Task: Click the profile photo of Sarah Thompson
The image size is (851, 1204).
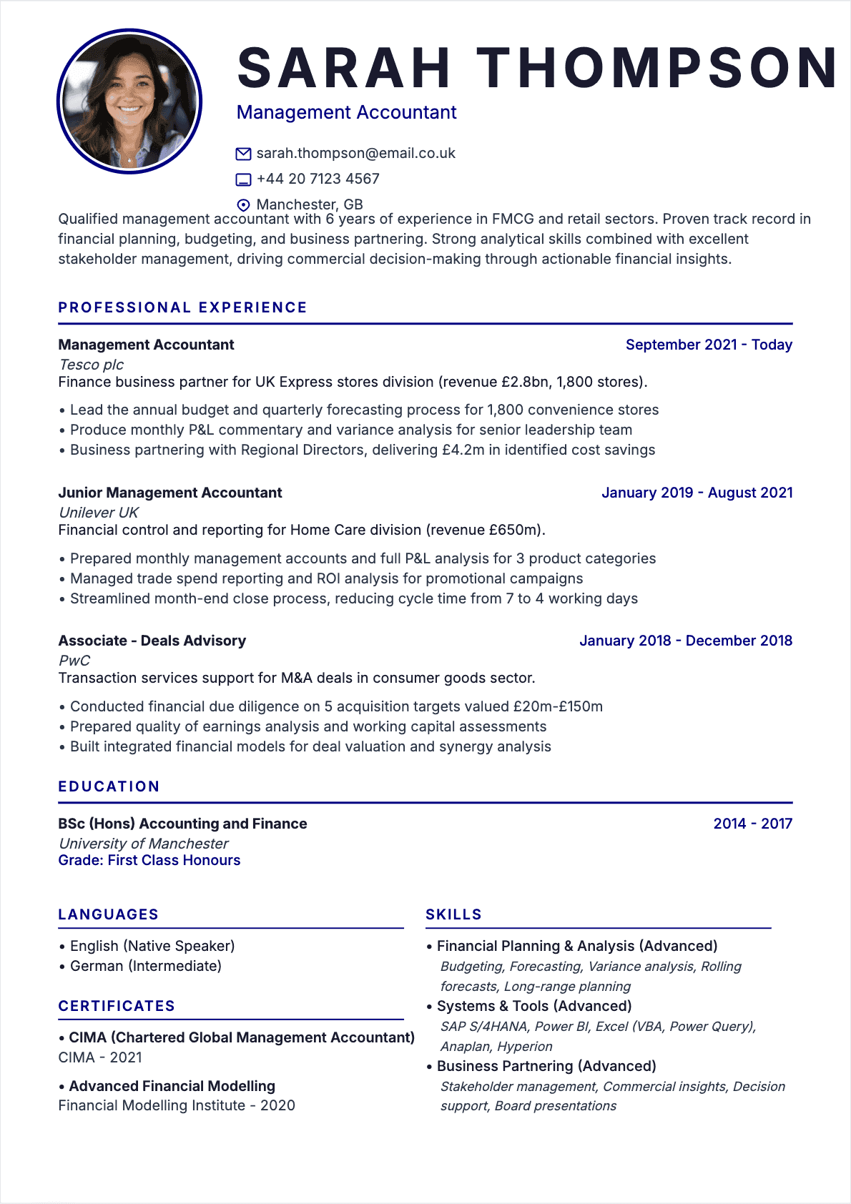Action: point(129,102)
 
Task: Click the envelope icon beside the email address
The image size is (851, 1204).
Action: point(243,154)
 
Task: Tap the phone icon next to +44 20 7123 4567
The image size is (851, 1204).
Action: point(243,179)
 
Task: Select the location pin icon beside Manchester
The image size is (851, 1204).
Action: point(243,205)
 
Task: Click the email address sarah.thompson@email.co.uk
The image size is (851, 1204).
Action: point(355,154)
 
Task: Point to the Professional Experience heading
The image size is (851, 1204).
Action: point(182,307)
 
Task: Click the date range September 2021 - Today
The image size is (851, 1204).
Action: point(709,345)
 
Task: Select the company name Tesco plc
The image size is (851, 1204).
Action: point(92,365)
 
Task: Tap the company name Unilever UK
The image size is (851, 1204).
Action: point(99,513)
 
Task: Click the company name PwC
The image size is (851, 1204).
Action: point(74,661)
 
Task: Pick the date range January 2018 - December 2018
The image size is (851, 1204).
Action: point(685,641)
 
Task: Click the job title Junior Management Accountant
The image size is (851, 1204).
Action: point(170,493)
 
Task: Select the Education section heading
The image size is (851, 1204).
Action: point(109,786)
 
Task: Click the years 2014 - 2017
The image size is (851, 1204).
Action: point(752,824)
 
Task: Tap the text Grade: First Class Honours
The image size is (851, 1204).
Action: point(149,860)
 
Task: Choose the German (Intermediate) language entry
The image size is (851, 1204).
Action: point(146,966)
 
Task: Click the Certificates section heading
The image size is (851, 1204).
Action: point(117,1006)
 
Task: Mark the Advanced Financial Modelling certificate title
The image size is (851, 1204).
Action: point(172,1086)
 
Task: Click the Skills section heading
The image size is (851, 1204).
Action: point(453,914)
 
